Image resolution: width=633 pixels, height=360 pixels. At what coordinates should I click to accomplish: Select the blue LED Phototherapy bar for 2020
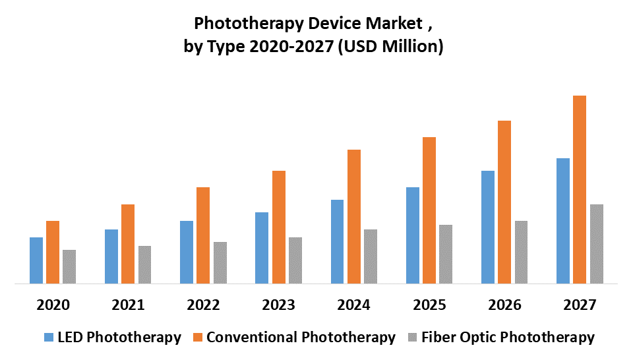coord(36,260)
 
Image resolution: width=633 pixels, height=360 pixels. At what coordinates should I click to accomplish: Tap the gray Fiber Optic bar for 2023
coord(295,260)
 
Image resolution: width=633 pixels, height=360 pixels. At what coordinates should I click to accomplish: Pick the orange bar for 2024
coord(354,217)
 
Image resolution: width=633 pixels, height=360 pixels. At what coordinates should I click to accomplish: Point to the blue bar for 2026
coord(488,227)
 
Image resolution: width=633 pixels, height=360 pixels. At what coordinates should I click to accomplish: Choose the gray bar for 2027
coord(597,244)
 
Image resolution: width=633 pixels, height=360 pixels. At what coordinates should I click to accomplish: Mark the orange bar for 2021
coord(128,244)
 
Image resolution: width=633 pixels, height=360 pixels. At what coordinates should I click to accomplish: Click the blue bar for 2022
coord(187,253)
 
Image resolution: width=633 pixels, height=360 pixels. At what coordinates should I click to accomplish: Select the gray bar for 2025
coord(446,255)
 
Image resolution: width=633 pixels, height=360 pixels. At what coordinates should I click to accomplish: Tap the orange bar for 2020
coord(53,253)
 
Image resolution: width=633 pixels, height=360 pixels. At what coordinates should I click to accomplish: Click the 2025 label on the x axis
coord(430,305)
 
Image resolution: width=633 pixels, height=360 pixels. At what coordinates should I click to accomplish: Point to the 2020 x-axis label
coord(53,305)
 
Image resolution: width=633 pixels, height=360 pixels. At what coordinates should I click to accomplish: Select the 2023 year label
coord(279,305)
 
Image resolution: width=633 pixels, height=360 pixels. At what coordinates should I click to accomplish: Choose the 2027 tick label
coord(580,305)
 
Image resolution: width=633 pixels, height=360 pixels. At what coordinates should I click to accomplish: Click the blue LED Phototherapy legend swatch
coord(49,338)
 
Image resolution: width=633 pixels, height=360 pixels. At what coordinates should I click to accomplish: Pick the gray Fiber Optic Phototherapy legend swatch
coord(413,338)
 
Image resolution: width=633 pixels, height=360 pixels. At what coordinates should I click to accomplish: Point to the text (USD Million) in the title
coord(390,47)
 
